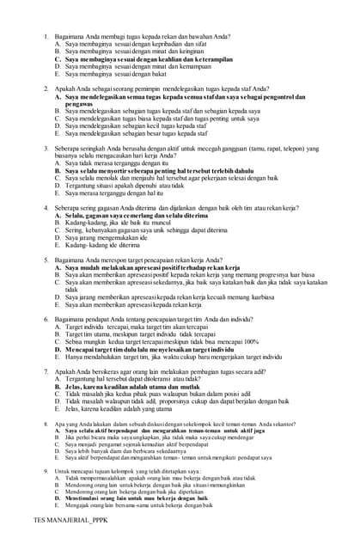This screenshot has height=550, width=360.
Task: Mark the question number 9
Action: tap(46, 471)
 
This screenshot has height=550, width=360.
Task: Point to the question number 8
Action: tap(46, 424)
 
